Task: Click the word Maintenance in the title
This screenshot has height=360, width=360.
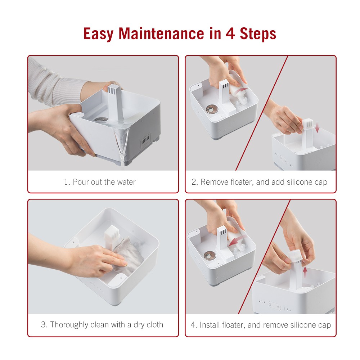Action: (x=161, y=33)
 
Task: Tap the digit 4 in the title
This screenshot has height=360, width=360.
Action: (x=230, y=33)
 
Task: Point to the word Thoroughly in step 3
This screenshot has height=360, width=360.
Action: (x=69, y=325)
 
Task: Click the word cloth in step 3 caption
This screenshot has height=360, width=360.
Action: (x=155, y=325)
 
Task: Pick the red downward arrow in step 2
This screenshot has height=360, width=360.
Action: (x=317, y=127)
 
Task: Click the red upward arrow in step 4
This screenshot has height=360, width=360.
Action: (x=305, y=272)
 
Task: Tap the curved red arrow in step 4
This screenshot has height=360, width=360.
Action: (x=235, y=241)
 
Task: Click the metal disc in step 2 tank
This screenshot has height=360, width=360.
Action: (x=212, y=109)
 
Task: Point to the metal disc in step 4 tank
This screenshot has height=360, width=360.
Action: (x=210, y=255)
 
